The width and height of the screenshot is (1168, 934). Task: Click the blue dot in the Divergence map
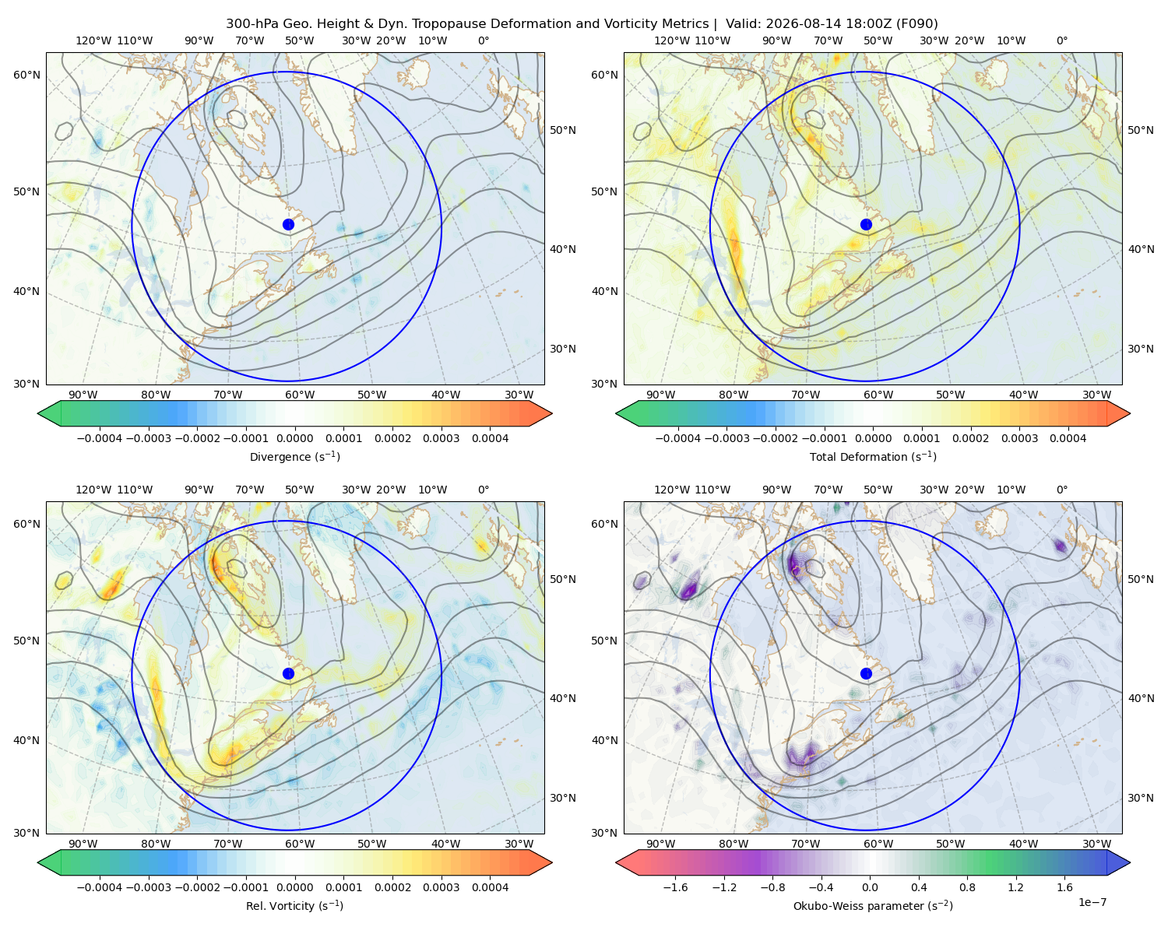tap(288, 225)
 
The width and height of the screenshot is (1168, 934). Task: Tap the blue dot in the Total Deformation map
tap(866, 225)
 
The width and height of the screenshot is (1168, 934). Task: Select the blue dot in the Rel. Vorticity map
tap(288, 673)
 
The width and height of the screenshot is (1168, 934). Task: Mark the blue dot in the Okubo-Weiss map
tap(866, 673)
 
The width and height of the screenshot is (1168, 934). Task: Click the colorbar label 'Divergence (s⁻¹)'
tap(294, 457)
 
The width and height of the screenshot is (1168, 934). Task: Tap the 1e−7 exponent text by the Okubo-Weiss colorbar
tap(1092, 903)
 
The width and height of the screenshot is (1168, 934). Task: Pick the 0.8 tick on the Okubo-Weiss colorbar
tap(967, 887)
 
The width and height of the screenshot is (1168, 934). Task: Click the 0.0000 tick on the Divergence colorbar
tap(294, 438)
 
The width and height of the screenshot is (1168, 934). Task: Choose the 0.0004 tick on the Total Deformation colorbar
tap(1068, 438)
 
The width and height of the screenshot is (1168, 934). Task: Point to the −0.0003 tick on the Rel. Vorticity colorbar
tap(148, 887)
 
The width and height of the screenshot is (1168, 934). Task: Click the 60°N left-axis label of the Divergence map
tap(26, 75)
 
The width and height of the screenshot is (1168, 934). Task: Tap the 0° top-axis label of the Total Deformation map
tap(1062, 40)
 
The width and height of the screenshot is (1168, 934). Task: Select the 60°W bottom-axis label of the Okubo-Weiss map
tap(878, 844)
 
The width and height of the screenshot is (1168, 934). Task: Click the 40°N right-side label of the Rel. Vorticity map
tap(563, 698)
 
